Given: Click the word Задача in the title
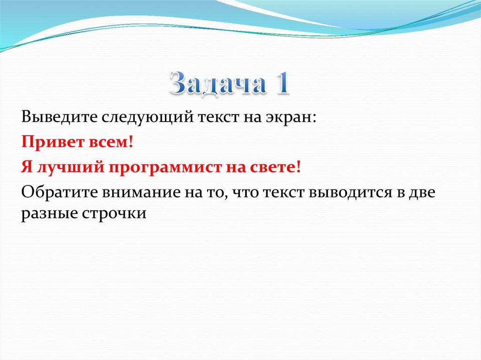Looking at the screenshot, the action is tap(217, 83).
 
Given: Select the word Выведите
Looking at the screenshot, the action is tap(59, 117).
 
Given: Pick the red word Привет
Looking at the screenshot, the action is tap(51, 142).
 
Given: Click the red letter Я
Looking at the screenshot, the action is tap(27, 168).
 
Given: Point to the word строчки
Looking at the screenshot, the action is tap(114, 214).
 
